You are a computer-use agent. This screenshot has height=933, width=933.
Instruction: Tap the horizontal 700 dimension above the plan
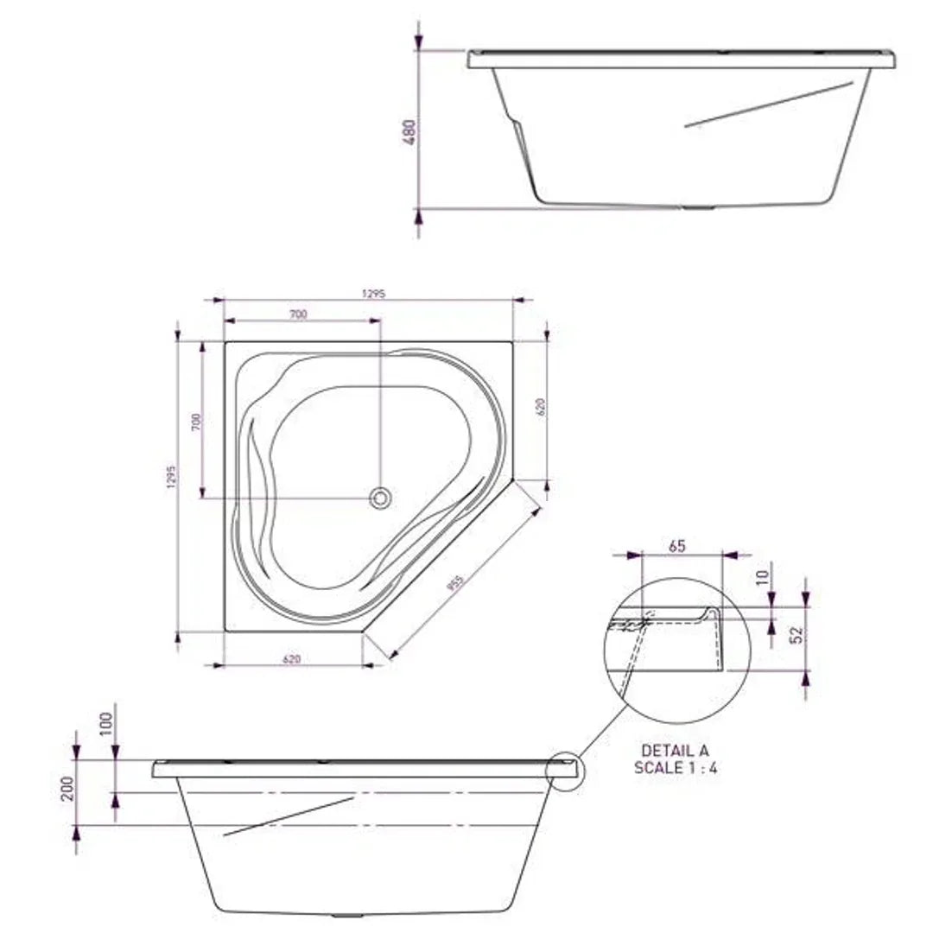297,314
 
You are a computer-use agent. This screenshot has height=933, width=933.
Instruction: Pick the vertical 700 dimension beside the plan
196,422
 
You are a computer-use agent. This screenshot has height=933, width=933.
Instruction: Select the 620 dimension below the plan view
291,659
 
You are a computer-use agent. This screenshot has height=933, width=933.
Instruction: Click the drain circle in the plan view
380,498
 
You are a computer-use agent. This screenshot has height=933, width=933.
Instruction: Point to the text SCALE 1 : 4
675,768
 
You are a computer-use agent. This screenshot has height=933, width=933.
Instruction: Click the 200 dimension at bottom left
67,788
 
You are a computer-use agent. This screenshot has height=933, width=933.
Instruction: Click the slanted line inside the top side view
769,105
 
